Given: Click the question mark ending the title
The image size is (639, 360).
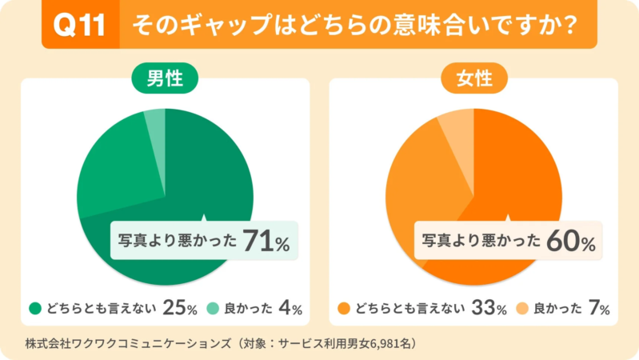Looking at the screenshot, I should tap(569, 26).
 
